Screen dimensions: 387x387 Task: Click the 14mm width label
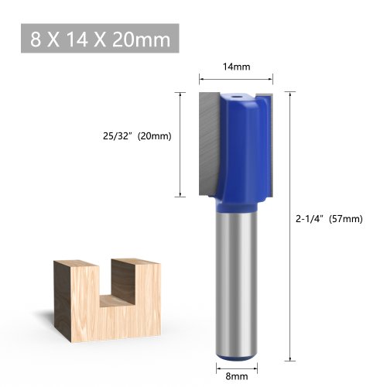click(x=236, y=67)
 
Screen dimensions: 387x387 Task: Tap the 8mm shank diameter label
click(x=237, y=376)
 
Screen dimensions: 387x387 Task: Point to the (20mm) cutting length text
click(x=155, y=136)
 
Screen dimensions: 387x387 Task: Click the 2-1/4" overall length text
click(x=310, y=219)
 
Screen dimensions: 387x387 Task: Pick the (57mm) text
click(x=346, y=219)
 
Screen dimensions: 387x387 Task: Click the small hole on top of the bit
click(x=235, y=97)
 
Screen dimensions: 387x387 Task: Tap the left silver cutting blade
click(x=210, y=145)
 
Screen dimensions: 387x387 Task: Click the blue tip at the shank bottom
click(x=237, y=357)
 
